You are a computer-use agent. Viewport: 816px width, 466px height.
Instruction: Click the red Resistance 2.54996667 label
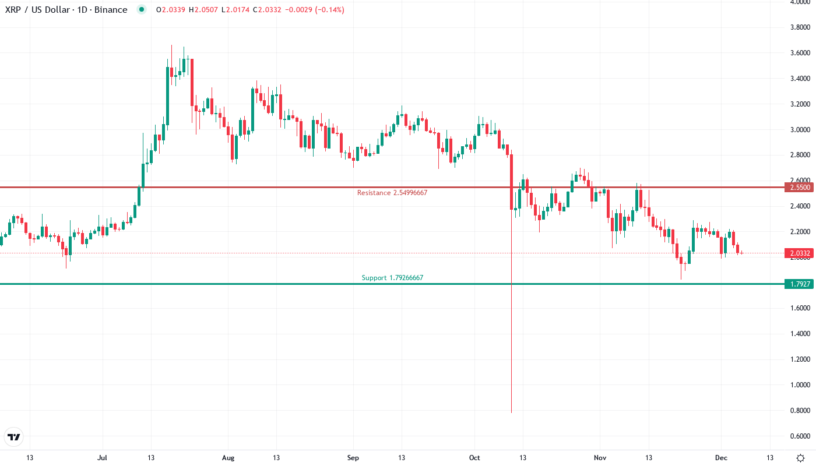392,193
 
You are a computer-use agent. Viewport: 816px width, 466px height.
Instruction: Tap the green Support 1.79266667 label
392,278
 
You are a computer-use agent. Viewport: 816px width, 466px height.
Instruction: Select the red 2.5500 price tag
798,188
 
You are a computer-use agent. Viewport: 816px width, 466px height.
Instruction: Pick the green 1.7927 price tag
798,284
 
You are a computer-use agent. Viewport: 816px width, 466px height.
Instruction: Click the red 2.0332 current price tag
798,253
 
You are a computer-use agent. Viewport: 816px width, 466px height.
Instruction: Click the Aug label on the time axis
228,458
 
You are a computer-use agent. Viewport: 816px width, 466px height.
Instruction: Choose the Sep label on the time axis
352,458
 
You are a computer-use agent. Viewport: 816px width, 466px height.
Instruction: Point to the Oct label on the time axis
474,458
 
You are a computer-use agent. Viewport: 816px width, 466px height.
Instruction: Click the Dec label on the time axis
721,458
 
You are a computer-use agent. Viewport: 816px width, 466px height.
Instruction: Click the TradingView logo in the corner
13,437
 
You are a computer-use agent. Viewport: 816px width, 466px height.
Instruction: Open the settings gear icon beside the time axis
802,458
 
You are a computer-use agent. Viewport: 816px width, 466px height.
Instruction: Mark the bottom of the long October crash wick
511,412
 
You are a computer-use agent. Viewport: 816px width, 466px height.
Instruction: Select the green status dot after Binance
141,10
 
